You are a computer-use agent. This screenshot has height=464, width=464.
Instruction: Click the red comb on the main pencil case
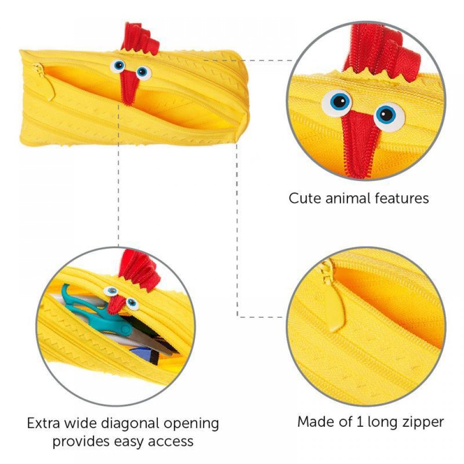pos(139,39)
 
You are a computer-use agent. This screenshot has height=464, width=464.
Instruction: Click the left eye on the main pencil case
pos(118,66)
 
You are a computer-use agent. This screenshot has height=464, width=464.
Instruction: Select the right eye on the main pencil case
pos(143,72)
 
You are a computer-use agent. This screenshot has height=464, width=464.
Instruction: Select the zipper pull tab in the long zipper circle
pos(335,299)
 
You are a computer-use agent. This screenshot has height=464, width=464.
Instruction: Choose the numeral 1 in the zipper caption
pos(360,422)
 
